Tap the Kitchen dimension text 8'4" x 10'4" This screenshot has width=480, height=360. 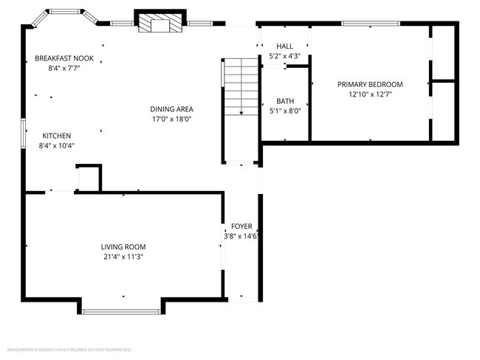click(56, 145)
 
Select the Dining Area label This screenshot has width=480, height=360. click(172, 108)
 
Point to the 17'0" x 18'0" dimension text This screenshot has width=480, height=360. click(172, 119)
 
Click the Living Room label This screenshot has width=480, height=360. click(123, 246)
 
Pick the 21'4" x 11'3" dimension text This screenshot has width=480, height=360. click(123, 257)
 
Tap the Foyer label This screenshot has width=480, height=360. click(241, 226)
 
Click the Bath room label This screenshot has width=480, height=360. click(285, 101)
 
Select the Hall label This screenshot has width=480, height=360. click(284, 46)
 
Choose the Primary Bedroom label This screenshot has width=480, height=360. click(370, 84)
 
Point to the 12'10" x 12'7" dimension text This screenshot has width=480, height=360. click(370, 94)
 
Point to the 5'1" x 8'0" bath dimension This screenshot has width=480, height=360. click(285, 111)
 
